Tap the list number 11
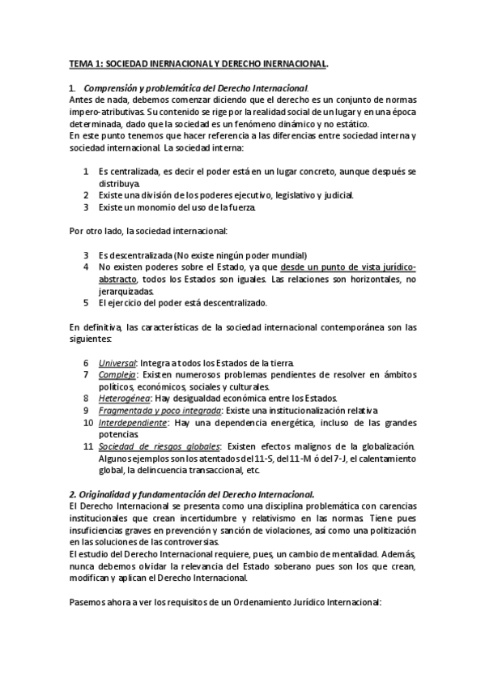87,446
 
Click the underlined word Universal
117,362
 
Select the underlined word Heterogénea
124,398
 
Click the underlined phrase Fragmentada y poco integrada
154,411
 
